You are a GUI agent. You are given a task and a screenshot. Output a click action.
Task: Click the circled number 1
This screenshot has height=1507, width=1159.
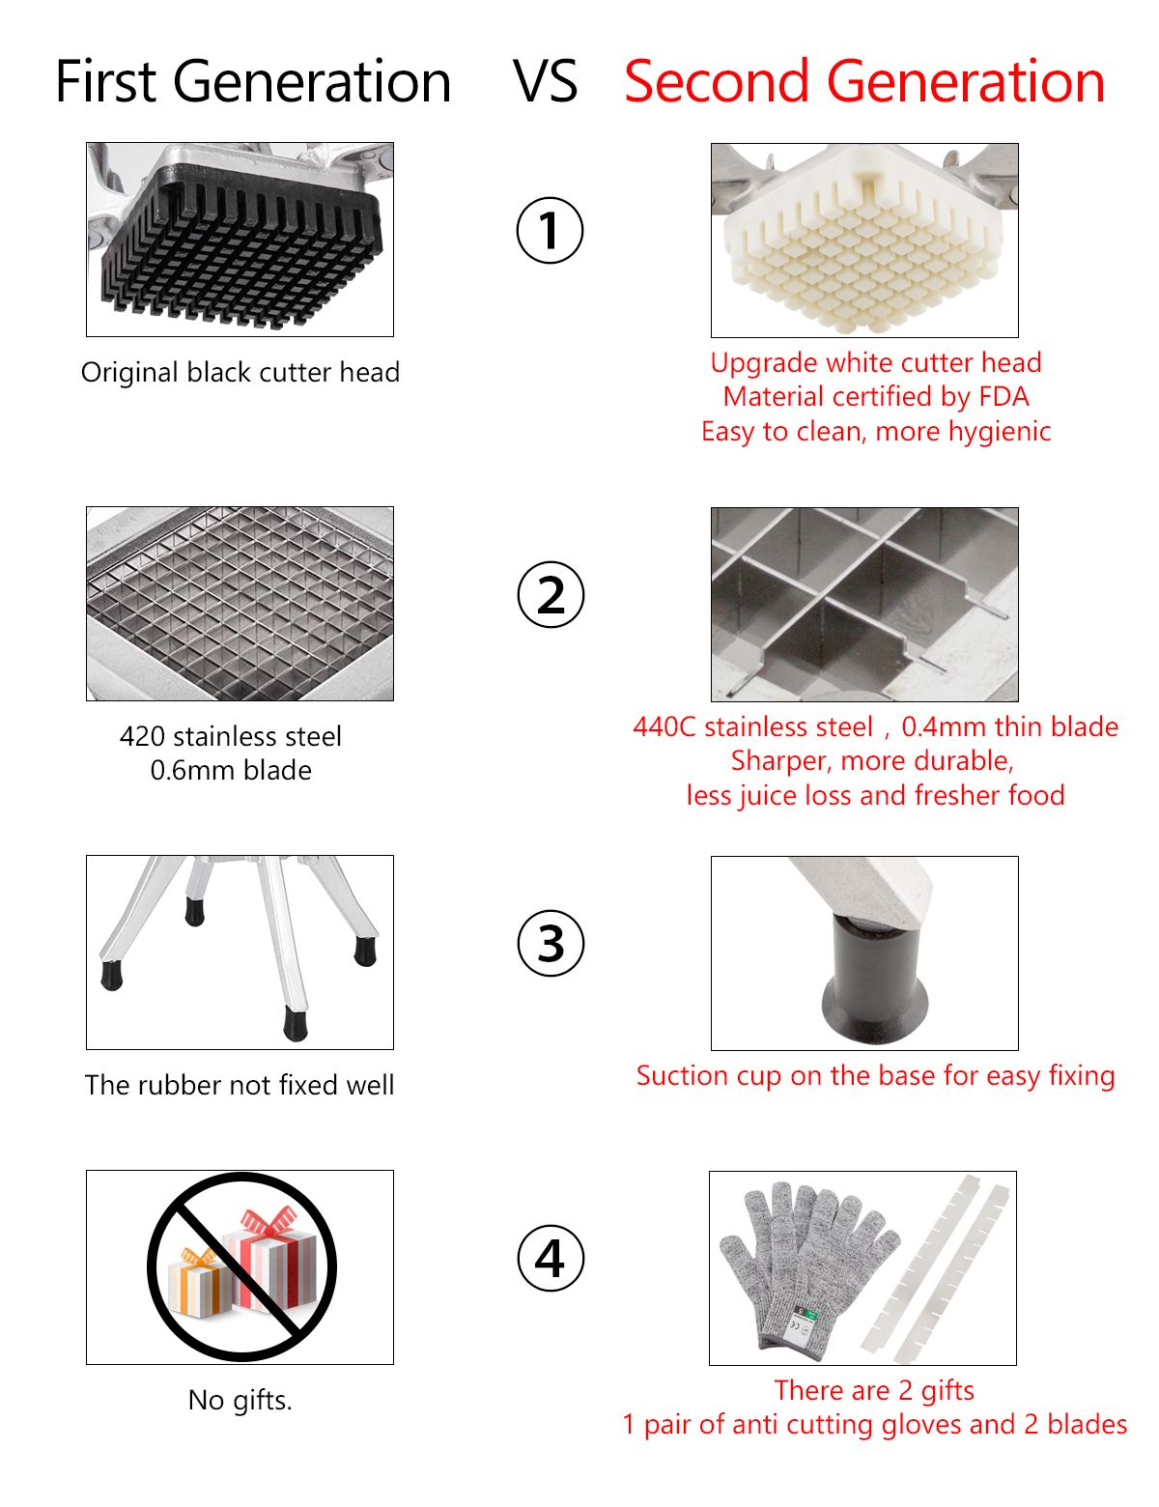click(x=549, y=230)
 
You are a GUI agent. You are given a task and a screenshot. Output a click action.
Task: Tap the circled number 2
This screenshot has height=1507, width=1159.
click(x=551, y=594)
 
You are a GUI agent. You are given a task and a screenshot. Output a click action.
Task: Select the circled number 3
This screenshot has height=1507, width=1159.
click(x=551, y=943)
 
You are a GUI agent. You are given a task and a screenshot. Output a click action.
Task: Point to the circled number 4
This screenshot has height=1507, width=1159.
click(x=551, y=1258)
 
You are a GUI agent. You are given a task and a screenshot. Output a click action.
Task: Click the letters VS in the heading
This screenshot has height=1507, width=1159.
click(x=545, y=82)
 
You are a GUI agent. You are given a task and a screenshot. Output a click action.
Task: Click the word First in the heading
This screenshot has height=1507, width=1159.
click(x=105, y=81)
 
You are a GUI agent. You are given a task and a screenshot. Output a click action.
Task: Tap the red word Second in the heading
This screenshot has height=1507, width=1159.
click(x=717, y=81)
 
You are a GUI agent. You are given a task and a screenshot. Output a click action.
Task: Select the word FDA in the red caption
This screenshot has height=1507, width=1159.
click(x=1004, y=397)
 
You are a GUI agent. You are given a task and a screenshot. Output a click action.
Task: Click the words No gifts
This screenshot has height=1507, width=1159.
click(x=240, y=1400)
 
